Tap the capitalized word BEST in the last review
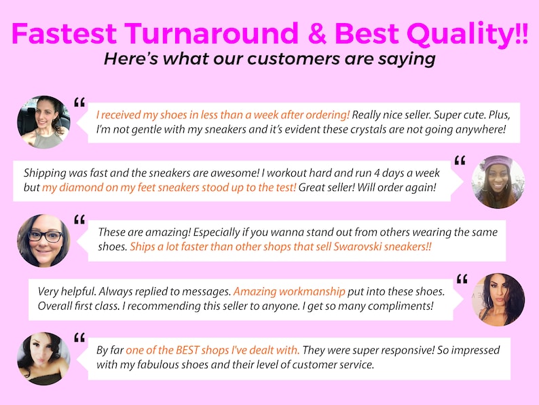click(x=196, y=350)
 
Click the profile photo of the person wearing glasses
click(x=43, y=240)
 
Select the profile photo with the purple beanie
click(x=498, y=181)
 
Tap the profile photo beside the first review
click(x=43, y=122)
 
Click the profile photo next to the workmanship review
click(x=498, y=299)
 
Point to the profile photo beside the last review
click(x=43, y=358)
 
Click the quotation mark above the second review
click(x=460, y=160)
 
